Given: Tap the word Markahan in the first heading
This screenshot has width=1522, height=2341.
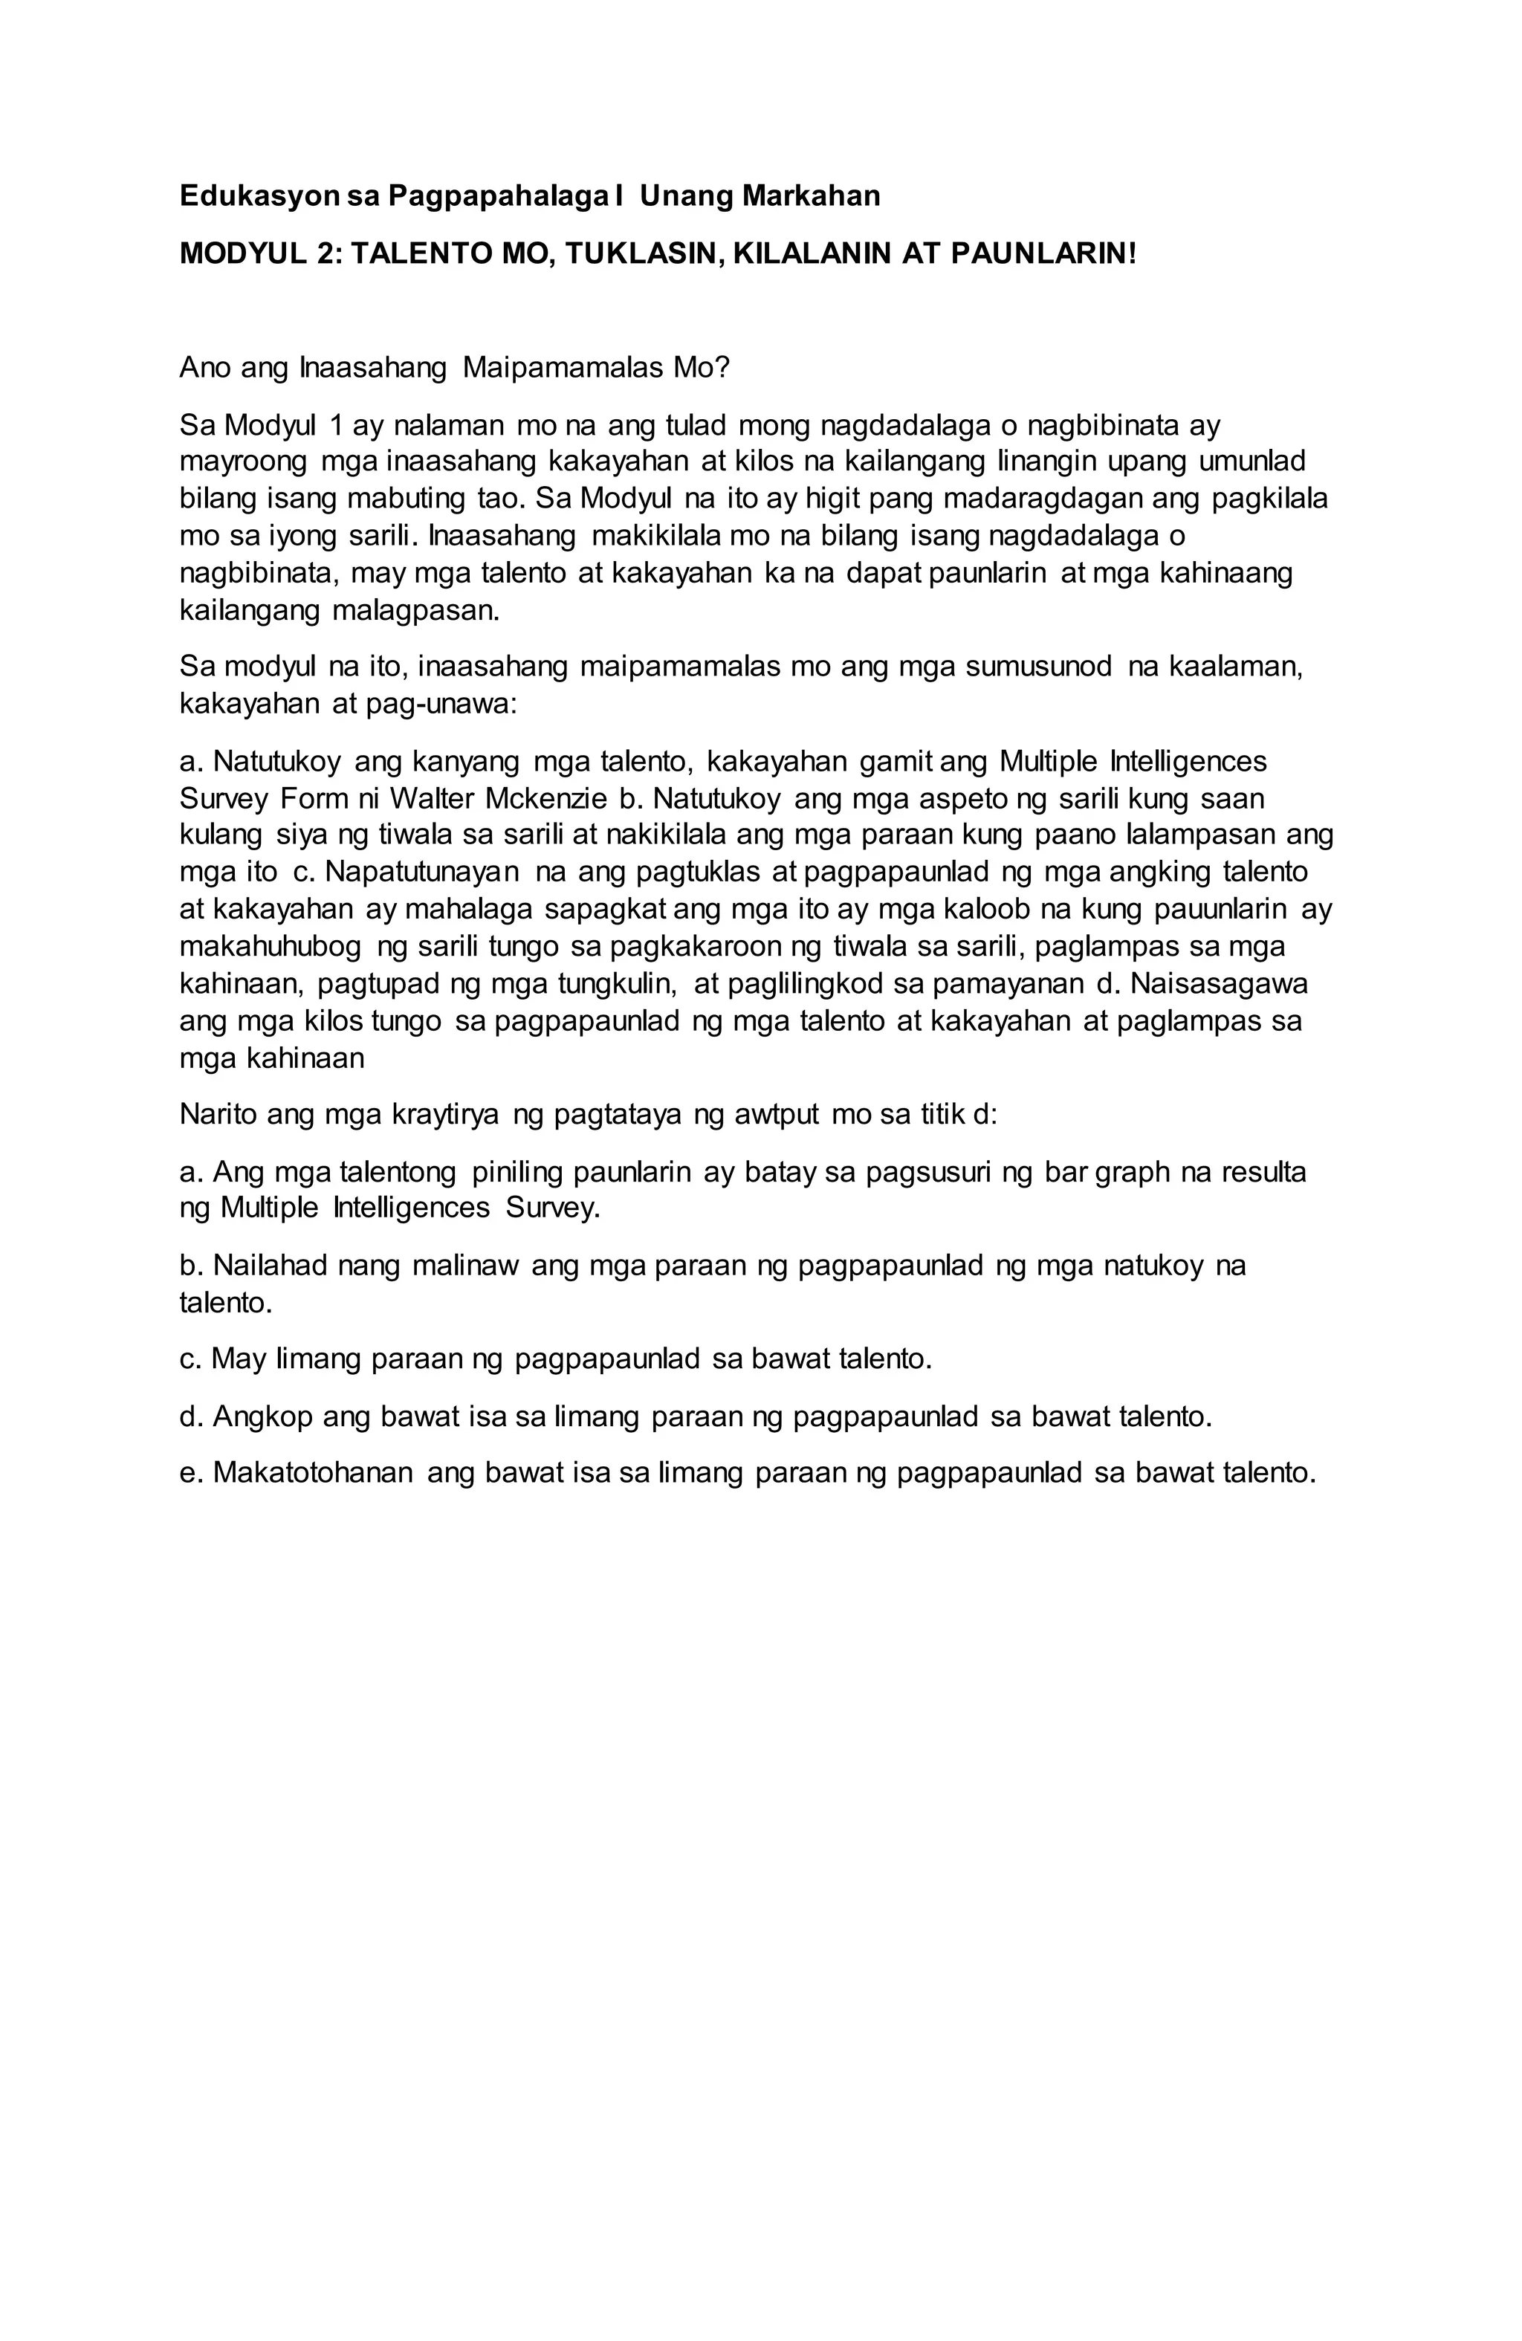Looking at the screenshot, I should pos(811,197).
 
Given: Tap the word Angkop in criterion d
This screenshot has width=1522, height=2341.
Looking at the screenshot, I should pos(261,1416).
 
